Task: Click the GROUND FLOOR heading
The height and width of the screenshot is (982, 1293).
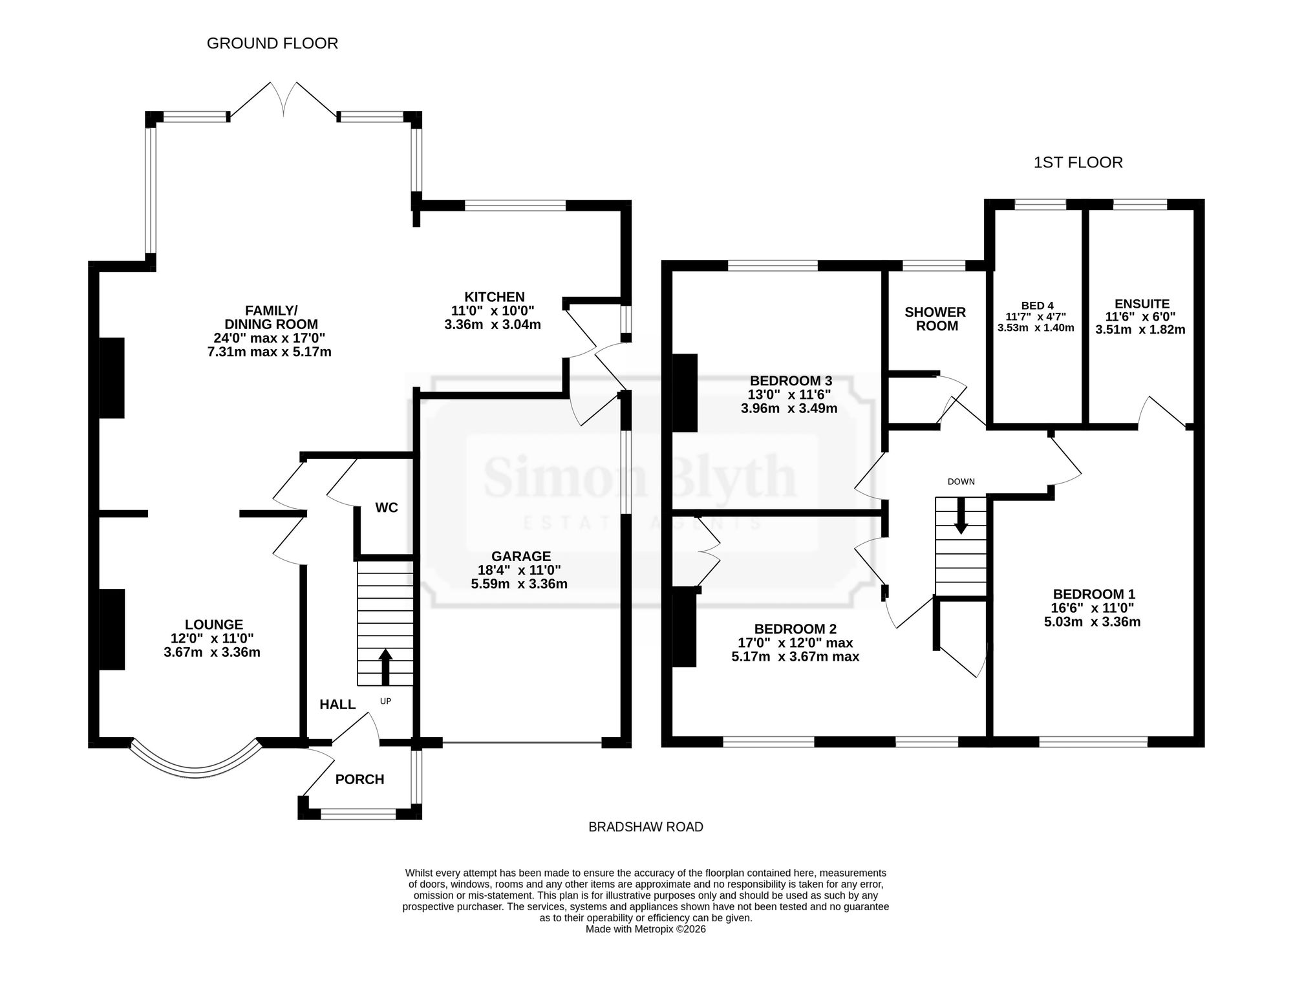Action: (272, 43)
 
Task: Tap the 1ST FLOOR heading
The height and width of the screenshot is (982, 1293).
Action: (1078, 162)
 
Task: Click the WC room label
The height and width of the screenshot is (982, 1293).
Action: (387, 508)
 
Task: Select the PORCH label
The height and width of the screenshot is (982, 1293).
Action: (359, 780)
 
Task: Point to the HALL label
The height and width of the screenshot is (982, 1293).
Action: (337, 705)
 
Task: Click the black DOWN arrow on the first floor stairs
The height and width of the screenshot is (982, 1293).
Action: (961, 515)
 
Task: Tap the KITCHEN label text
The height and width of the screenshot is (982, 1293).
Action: (495, 297)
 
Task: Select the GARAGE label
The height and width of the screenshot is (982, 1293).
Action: (521, 556)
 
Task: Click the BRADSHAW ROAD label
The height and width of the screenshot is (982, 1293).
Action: (646, 827)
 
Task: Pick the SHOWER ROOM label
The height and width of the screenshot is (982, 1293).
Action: (935, 319)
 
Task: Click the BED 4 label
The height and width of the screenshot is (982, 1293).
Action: (1038, 306)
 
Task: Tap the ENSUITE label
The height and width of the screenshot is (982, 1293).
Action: (1142, 304)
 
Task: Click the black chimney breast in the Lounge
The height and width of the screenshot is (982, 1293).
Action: (112, 629)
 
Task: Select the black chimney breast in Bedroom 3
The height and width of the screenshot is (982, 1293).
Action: (685, 392)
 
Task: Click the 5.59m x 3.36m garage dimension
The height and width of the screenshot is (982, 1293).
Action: (519, 584)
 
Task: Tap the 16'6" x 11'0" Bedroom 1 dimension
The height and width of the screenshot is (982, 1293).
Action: (1093, 608)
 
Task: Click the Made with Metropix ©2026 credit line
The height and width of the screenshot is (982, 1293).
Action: (645, 930)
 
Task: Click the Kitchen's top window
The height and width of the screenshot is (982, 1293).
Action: (515, 206)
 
